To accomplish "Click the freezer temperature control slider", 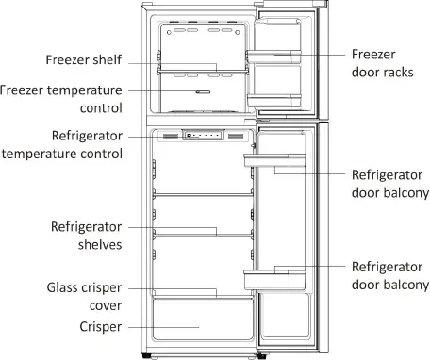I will point(201,92).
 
